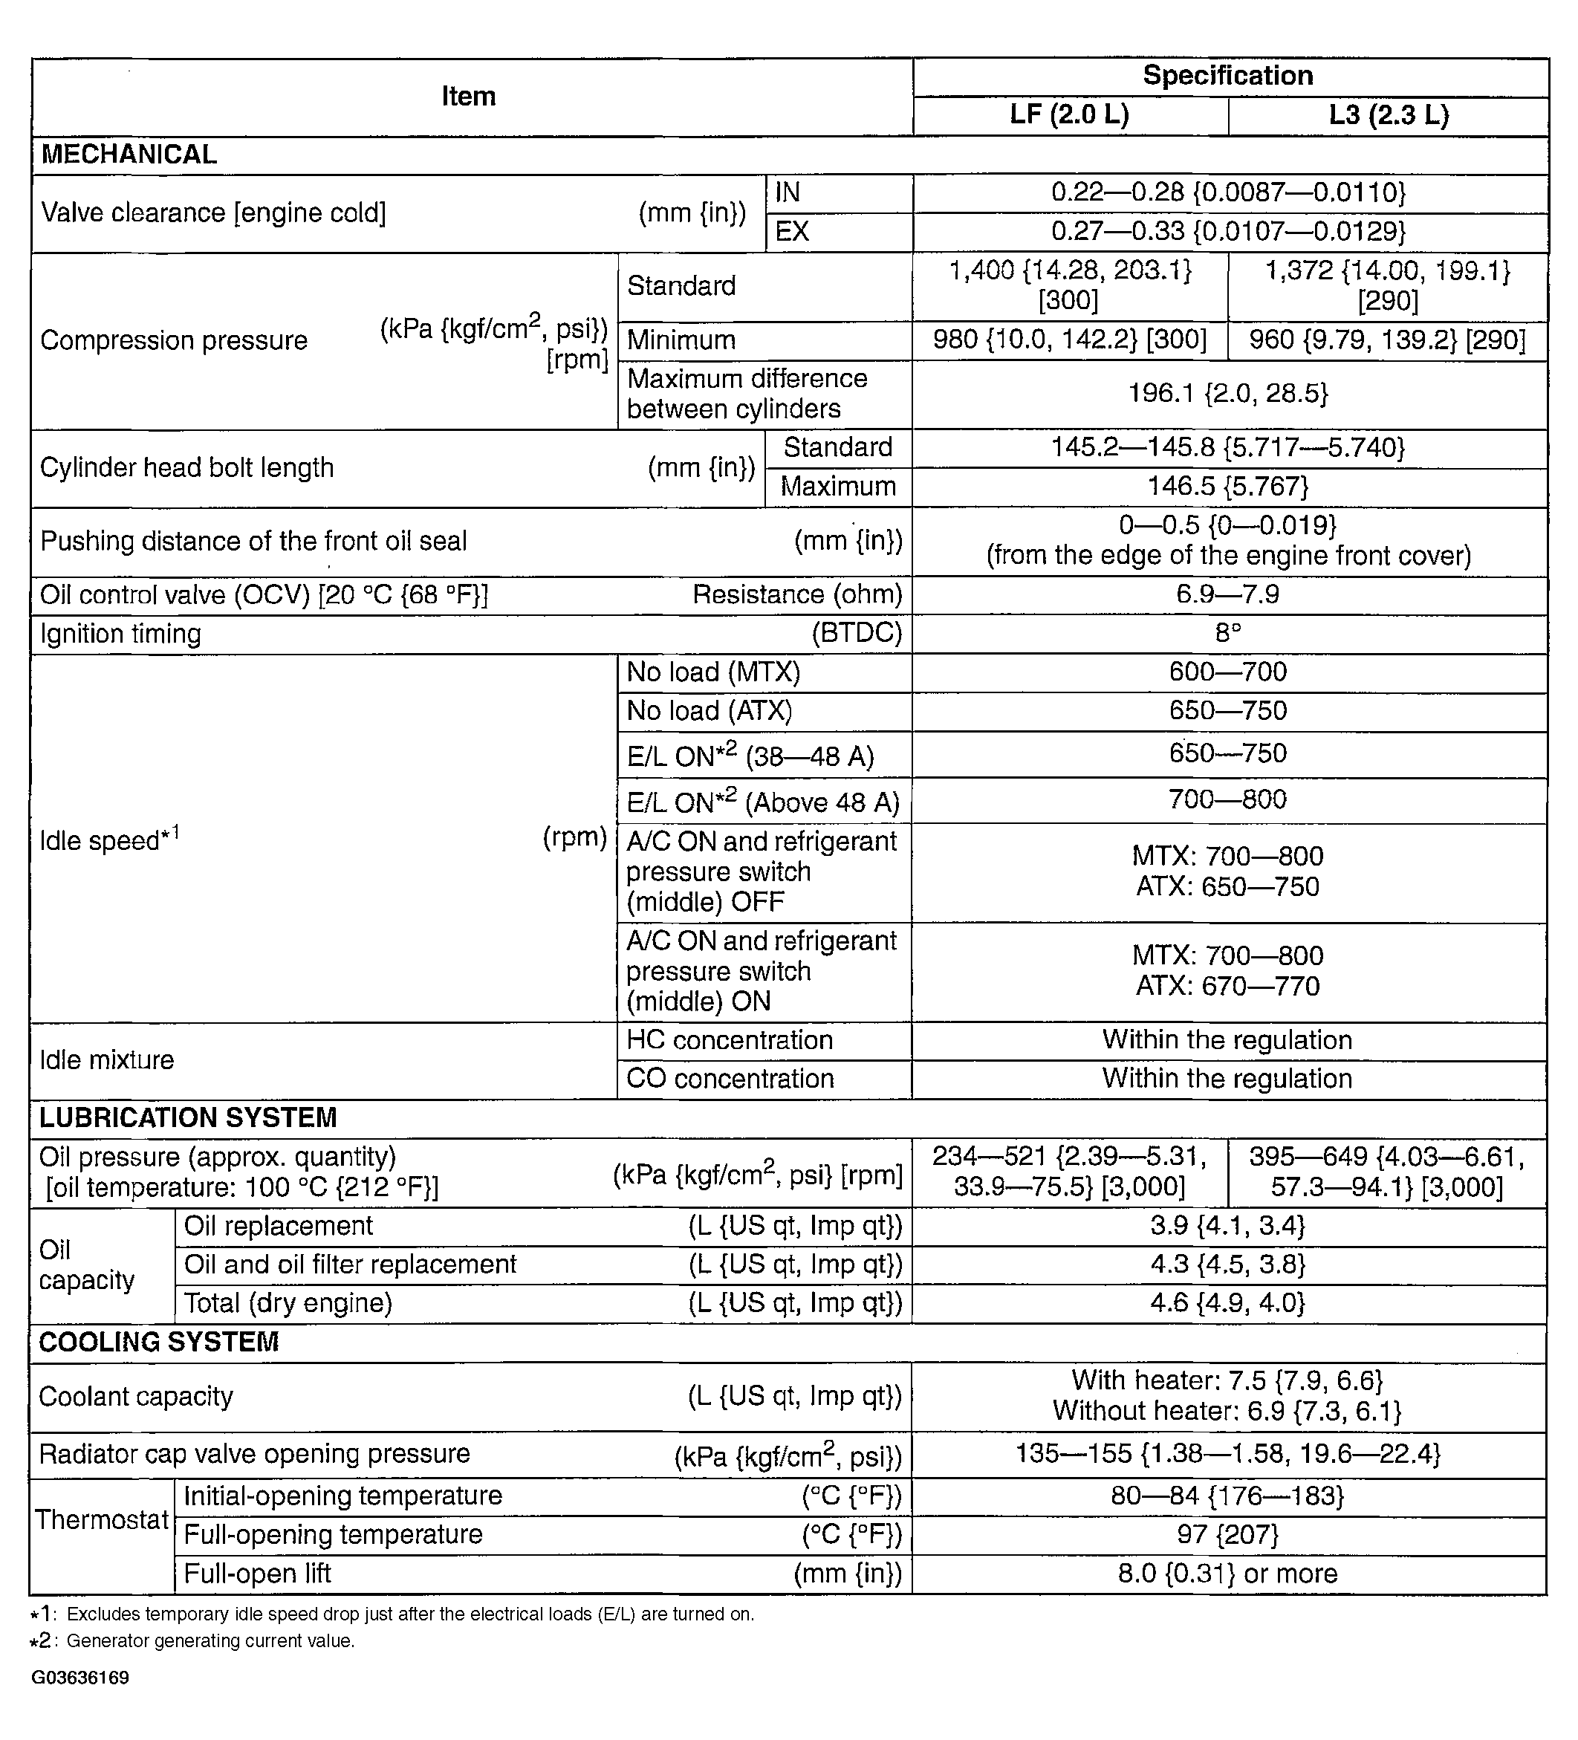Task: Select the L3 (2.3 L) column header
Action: coord(1388,115)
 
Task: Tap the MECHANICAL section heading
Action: coord(129,155)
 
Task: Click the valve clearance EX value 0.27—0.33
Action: coord(1227,231)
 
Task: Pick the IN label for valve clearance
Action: coord(788,192)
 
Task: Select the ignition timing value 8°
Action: coord(1227,634)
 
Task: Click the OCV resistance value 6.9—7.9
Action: coord(1227,594)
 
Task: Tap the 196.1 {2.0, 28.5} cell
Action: coord(1227,394)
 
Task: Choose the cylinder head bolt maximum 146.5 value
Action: coord(1227,486)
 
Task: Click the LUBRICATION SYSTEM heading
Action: coord(187,1117)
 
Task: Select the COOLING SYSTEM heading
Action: coord(159,1342)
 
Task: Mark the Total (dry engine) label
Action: coord(288,1302)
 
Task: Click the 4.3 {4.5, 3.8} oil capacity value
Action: coord(1227,1265)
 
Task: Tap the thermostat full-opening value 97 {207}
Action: coord(1227,1535)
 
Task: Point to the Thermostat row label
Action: coord(101,1520)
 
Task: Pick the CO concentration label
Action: coord(730,1079)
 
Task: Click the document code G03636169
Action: coord(80,1678)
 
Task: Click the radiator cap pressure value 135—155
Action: coord(1227,1454)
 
